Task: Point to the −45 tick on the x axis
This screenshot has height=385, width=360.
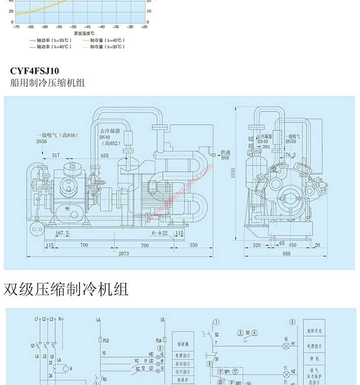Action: [x=87, y=27]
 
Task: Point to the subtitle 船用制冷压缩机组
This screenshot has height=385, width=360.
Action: [x=48, y=82]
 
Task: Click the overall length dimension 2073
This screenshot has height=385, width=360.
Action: [x=124, y=253]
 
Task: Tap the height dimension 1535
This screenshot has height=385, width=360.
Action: [x=233, y=173]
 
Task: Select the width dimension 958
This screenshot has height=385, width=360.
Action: [x=286, y=253]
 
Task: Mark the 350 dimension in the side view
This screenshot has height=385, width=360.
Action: [x=194, y=245]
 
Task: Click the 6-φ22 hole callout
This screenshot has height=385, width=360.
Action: [x=159, y=233]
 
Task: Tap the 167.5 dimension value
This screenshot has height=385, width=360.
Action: [x=62, y=233]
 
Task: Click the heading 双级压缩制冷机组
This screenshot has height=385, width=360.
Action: [x=66, y=289]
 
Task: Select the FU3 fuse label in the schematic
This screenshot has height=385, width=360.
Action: [x=106, y=340]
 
